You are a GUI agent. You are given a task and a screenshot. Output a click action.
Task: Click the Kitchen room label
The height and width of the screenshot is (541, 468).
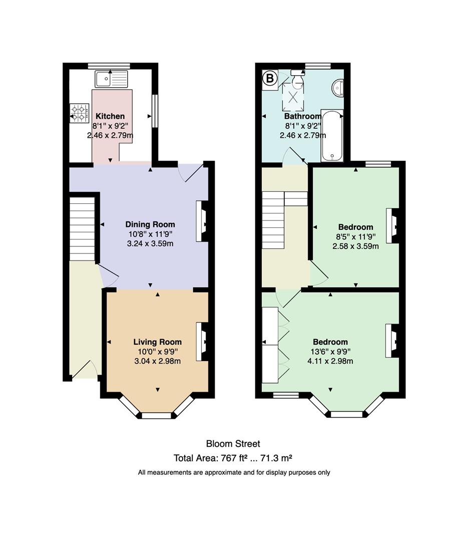coord(110,116)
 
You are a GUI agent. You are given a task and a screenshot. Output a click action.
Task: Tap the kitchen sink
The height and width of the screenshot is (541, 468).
coord(112,79)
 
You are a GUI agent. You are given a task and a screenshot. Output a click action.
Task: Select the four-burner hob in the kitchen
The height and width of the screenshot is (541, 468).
coord(79,113)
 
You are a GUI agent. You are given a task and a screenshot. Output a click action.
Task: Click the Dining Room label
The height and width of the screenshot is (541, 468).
coord(150,224)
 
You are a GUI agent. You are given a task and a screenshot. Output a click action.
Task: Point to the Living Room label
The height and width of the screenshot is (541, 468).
coord(158,342)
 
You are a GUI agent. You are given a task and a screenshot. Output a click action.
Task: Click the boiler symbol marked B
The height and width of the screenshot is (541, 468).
coord(270,79)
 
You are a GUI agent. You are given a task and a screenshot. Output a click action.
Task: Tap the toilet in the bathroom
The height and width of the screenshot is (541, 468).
coord(297,78)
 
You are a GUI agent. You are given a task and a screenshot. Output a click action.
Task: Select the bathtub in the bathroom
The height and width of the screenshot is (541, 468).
coord(332,136)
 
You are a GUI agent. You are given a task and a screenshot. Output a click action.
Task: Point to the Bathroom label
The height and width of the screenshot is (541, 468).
coord(302,116)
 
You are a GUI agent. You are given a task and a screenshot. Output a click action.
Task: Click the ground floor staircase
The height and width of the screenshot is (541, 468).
coord(82,229)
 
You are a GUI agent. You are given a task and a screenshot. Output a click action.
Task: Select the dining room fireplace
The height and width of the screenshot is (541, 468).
coord(202,221)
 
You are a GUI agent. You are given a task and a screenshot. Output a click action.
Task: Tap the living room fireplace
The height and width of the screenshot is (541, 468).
coord(202,342)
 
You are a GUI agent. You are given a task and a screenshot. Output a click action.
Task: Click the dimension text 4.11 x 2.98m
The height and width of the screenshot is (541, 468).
coord(330,361)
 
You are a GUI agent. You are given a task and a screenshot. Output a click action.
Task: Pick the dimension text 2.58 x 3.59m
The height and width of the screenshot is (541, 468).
coord(355,246)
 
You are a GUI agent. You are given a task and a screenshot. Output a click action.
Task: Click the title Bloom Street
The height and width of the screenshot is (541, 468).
coord(233,444)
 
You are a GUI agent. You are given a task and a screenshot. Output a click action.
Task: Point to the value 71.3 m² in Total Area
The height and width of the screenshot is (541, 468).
coord(276,458)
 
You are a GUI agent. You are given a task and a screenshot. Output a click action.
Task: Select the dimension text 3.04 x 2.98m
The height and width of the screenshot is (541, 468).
coord(157,361)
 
